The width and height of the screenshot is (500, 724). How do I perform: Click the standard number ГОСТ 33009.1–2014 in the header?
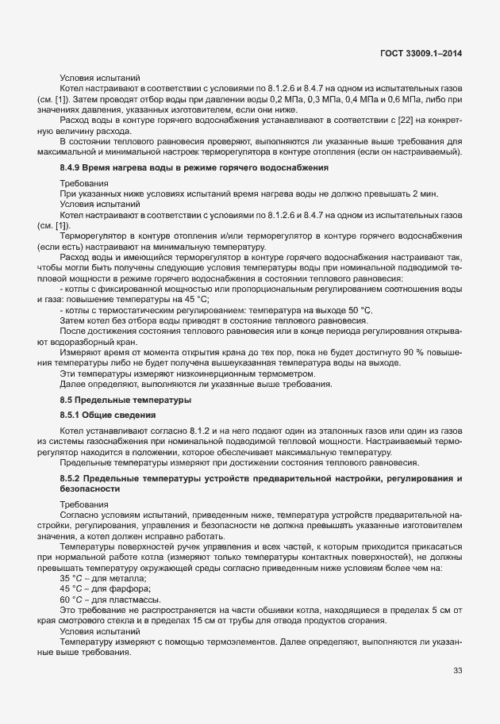pyautogui.click(x=421, y=52)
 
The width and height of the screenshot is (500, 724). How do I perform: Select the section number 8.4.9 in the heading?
pyautogui.click(x=73, y=168)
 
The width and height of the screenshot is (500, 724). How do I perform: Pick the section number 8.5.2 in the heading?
pyautogui.click(x=73, y=481)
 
